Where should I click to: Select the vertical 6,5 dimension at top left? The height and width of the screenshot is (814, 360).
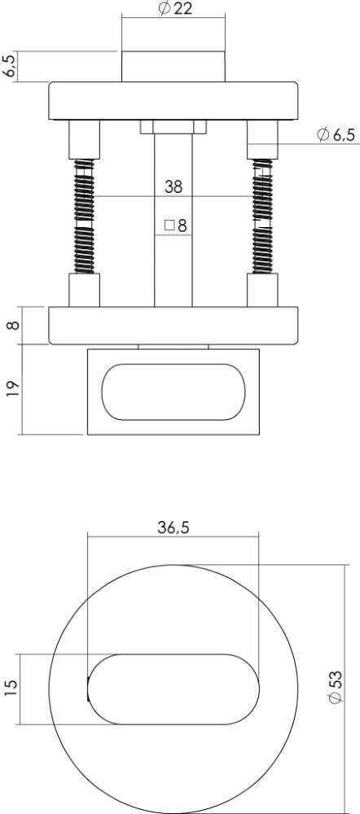(11, 66)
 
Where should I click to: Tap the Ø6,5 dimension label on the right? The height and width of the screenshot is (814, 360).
(334, 134)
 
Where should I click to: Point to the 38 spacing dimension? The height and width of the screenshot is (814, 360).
(173, 186)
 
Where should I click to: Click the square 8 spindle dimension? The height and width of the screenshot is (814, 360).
(175, 225)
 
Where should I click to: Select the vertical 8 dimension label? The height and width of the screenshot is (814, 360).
(11, 326)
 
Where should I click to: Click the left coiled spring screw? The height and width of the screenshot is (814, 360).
(84, 216)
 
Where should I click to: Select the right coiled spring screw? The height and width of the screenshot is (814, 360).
(262, 216)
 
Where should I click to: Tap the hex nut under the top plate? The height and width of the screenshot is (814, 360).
(173, 127)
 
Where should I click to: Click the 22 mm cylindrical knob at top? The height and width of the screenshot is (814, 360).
(173, 66)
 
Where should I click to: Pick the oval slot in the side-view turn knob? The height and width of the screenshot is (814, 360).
(173, 392)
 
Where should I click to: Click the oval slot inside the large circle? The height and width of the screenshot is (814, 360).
(173, 688)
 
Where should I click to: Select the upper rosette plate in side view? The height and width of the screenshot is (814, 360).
(173, 101)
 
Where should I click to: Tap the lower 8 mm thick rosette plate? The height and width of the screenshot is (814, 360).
(173, 326)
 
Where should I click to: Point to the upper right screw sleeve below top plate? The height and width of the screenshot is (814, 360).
(262, 139)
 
